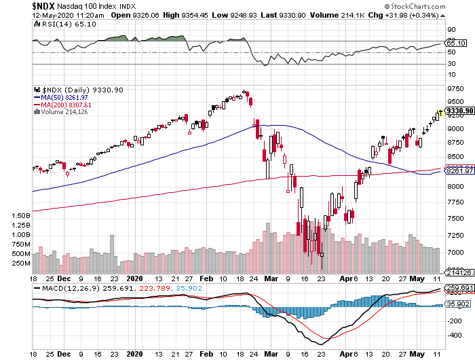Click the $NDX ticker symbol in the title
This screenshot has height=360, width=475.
pyautogui.click(x=16, y=5)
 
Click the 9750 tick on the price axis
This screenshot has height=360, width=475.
pyautogui.click(x=454, y=89)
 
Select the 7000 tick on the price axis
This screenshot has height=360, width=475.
pyautogui.click(x=454, y=253)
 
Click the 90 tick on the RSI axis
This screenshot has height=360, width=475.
pyautogui.click(x=450, y=30)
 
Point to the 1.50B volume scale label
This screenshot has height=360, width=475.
pyautogui.click(x=20, y=215)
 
